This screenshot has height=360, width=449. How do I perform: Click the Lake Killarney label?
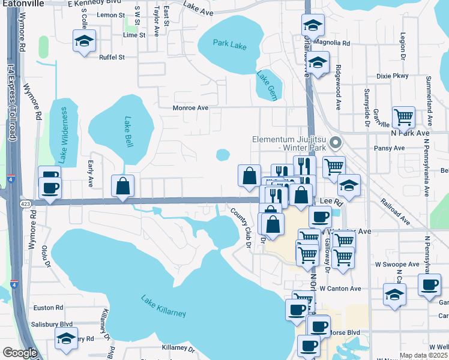pos(163,306)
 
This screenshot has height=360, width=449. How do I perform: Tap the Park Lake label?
pos(231,44)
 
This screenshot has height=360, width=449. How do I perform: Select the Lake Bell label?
pos(128,133)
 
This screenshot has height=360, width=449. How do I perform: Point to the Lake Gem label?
pos(267,82)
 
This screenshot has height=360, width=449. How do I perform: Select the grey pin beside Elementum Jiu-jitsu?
pos(336,143)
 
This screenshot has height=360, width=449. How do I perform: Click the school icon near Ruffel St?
pos(84,41)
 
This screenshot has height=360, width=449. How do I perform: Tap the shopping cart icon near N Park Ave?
pos(403,116)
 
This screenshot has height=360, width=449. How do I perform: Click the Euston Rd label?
pos(49,308)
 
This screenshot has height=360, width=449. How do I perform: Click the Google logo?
pos(19,353)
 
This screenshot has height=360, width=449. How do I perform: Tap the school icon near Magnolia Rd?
pos(312,25)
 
